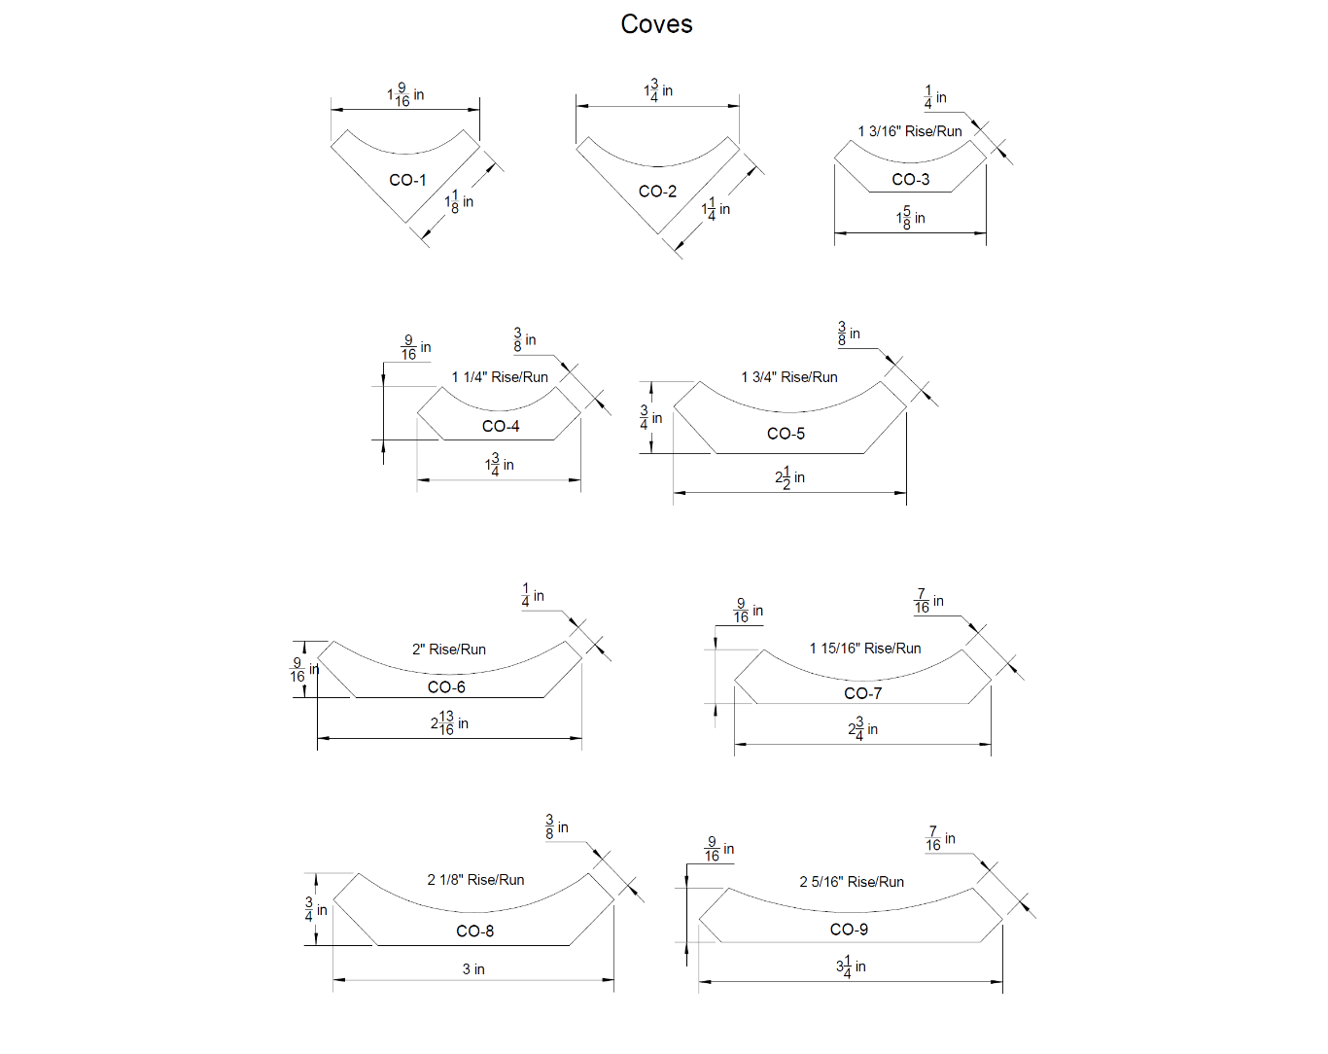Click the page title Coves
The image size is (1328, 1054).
(x=656, y=24)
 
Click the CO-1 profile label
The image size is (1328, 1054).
(x=407, y=180)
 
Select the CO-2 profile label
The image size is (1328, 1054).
(x=657, y=192)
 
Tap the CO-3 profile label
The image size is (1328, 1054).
(x=910, y=179)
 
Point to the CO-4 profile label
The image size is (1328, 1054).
(x=501, y=426)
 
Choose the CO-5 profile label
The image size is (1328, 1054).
(x=786, y=434)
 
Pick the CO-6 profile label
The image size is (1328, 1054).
(x=446, y=687)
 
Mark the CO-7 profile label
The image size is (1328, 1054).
(x=862, y=693)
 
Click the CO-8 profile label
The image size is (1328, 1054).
(x=474, y=931)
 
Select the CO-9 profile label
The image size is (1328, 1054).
(x=849, y=930)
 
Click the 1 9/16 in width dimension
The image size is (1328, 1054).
(x=405, y=94)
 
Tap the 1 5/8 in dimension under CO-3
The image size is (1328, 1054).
(x=910, y=218)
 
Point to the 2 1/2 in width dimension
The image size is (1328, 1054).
(x=789, y=477)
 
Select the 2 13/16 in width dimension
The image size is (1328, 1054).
(x=449, y=722)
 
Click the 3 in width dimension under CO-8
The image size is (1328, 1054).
(x=473, y=969)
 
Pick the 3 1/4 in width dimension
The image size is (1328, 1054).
(x=851, y=966)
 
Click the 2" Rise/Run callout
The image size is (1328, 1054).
(x=448, y=650)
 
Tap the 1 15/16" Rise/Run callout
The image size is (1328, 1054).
(x=864, y=649)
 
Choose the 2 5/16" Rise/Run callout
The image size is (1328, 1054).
(x=852, y=882)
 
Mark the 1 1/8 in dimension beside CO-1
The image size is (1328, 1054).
(x=459, y=201)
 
